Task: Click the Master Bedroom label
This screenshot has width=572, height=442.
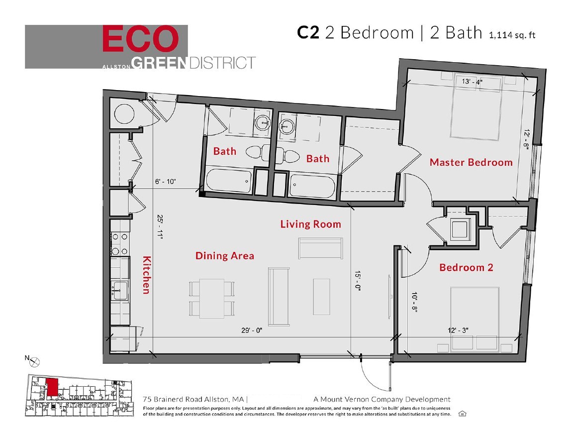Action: [x=471, y=162]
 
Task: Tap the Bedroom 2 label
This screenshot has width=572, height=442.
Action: [x=466, y=268]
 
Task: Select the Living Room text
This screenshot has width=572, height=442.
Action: [x=310, y=224]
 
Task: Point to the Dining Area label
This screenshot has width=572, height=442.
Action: [x=224, y=256]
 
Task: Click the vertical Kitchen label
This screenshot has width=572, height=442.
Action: [x=146, y=275]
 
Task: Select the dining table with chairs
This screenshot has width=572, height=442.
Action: [x=212, y=298]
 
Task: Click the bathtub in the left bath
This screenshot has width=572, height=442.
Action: [x=228, y=181]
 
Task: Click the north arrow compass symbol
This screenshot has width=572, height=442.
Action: [x=34, y=363]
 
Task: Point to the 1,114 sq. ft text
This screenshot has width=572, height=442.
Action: [x=513, y=34]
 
